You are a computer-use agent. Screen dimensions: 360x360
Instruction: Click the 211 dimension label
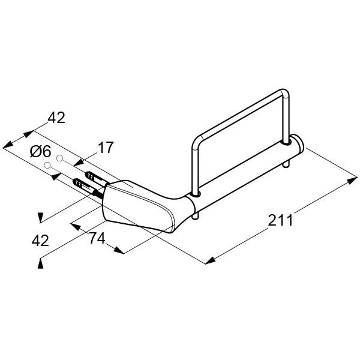(x=280, y=220)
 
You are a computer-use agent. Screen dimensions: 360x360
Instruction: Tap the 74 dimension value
(x=97, y=238)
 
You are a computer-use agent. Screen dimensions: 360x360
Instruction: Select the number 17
(x=106, y=148)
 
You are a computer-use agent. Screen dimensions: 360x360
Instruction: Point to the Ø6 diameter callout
(x=40, y=152)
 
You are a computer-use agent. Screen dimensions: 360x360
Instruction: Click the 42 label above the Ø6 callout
(x=56, y=118)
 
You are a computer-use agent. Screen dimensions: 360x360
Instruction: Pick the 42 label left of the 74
(x=40, y=241)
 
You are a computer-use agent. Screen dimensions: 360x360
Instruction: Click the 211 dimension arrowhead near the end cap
(x=352, y=180)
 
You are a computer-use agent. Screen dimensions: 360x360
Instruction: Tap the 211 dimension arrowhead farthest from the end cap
(x=210, y=260)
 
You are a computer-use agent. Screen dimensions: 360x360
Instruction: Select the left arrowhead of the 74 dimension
(x=76, y=227)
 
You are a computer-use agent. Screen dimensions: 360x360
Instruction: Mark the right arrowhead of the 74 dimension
(x=119, y=250)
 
